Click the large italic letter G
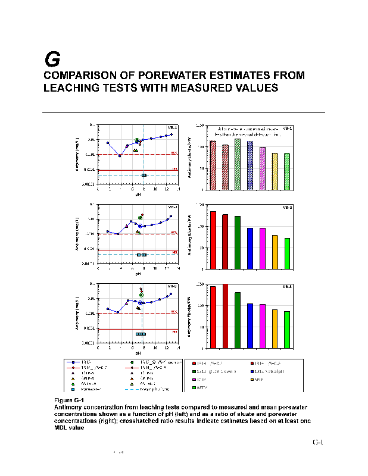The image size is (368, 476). tap(52, 59)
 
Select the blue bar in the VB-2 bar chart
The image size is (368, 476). tap(250, 248)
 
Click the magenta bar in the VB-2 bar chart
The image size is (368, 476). tap(263, 248)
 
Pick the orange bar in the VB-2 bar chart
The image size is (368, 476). tap(275, 252)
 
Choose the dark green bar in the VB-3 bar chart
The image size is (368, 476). tap(237, 320)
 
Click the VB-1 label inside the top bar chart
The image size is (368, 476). tap(287, 128)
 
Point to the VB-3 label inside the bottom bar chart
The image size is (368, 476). tap(287, 287)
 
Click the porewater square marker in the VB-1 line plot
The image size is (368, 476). tap(144, 176)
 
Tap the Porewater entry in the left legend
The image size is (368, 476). tap(89, 389)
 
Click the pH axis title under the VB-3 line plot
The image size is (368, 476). tap(138, 353)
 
